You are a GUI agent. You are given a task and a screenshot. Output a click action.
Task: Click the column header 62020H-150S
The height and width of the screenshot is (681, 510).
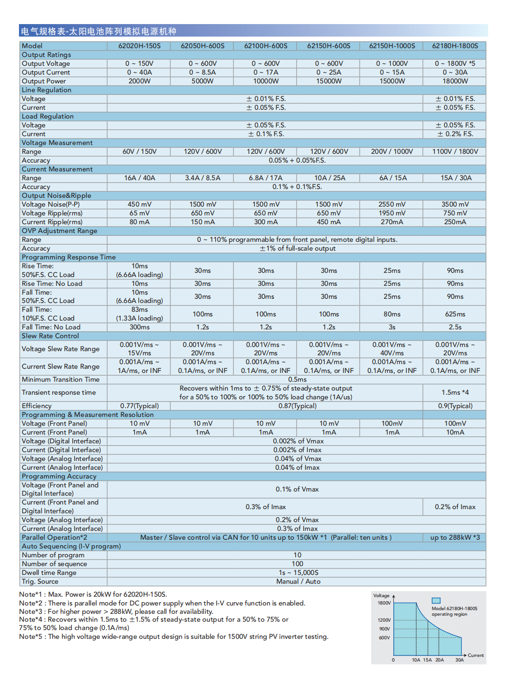[x=139, y=46]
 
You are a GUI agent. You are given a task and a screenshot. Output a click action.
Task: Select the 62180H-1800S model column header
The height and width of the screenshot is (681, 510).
[x=455, y=46]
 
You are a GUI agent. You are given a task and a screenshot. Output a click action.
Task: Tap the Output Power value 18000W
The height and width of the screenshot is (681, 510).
[x=455, y=81]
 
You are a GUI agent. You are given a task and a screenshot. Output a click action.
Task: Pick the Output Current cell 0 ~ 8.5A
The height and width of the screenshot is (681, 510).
[x=202, y=72]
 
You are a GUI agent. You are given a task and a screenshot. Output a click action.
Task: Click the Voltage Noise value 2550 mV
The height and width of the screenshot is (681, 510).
[x=392, y=204]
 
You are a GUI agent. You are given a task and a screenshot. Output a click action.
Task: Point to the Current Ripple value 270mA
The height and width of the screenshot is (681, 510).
[x=392, y=222]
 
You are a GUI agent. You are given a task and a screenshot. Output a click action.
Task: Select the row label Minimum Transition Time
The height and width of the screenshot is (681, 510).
[x=61, y=379]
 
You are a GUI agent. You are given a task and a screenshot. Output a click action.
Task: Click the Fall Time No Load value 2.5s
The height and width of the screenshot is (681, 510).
[x=455, y=327]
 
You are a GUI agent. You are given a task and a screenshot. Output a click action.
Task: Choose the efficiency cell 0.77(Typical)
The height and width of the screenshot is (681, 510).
[x=139, y=406]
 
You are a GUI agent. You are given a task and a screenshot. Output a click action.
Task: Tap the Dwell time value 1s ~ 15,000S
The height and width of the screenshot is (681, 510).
[x=298, y=573]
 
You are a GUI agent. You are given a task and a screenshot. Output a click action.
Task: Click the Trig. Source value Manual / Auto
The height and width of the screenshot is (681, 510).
[x=298, y=581]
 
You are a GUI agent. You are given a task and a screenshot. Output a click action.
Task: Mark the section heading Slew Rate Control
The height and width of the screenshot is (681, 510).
[x=50, y=336]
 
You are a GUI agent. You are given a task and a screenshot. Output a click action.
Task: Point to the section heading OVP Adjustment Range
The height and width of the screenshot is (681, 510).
[x=60, y=231]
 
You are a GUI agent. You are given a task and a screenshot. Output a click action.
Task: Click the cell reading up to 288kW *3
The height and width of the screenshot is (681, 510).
[x=455, y=537]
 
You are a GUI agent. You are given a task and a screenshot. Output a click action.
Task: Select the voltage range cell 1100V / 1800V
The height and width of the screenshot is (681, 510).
[x=455, y=151]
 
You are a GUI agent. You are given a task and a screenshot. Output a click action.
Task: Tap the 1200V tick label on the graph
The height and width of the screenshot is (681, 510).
[x=384, y=620]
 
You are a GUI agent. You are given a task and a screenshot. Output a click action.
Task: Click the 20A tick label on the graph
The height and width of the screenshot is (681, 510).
[x=439, y=660]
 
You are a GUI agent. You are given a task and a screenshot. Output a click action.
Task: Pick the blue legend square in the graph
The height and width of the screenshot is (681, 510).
[x=436, y=600]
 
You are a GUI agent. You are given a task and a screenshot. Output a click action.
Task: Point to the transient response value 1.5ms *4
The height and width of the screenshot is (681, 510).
[x=455, y=392]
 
